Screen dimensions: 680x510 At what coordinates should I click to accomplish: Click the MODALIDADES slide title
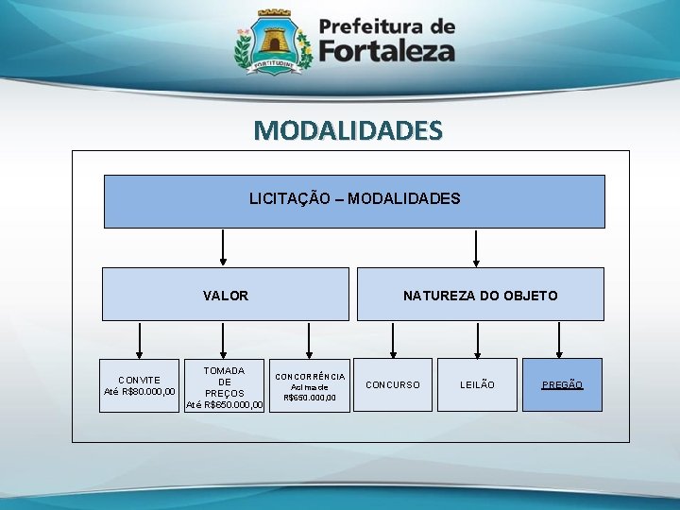point(348,129)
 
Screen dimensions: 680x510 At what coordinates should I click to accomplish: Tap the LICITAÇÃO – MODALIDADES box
point(354,200)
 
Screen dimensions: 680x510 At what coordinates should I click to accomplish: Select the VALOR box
point(226,295)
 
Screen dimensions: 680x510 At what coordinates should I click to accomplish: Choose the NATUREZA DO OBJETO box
point(480,295)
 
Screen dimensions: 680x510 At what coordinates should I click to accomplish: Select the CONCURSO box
point(393,384)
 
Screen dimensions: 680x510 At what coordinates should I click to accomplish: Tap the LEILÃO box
point(477,384)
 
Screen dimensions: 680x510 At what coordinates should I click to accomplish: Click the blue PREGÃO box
point(562,384)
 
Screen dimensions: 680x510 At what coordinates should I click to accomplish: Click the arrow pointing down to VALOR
point(224,247)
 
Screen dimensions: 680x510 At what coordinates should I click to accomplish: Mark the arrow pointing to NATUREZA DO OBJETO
point(477,247)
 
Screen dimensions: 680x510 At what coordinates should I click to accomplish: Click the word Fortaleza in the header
point(387,51)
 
